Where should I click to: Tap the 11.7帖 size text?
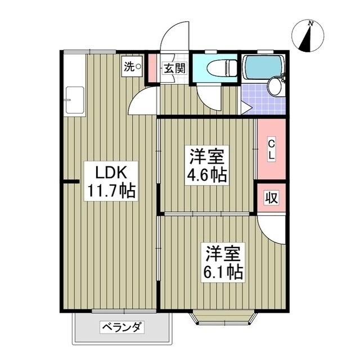[x=110, y=191]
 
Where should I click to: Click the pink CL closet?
[x=271, y=150]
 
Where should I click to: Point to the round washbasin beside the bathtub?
[x=274, y=87]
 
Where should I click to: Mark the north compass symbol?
[x=307, y=36]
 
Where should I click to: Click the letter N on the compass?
[x=310, y=23]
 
